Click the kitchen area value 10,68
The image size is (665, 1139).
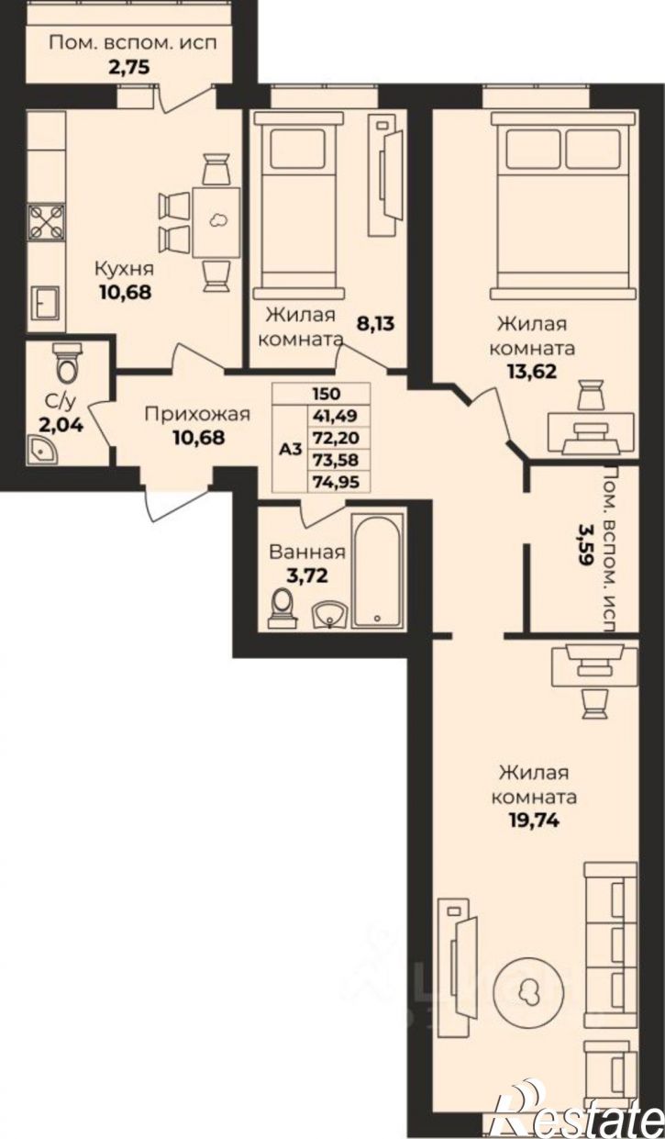tap(126, 292)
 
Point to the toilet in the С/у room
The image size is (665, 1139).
tap(68, 363)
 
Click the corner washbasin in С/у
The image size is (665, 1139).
tap(43, 449)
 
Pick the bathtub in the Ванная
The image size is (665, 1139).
tap(378, 570)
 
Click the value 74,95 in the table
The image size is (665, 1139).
tap(337, 481)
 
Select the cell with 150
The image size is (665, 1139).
tap(327, 394)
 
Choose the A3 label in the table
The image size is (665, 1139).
tap(291, 449)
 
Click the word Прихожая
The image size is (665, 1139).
tap(197, 415)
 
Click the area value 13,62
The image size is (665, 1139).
tap(532, 371)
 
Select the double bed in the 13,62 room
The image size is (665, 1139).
tap(563, 206)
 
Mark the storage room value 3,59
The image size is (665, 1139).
tap(583, 544)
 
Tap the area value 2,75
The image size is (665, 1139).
tap(129, 67)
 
